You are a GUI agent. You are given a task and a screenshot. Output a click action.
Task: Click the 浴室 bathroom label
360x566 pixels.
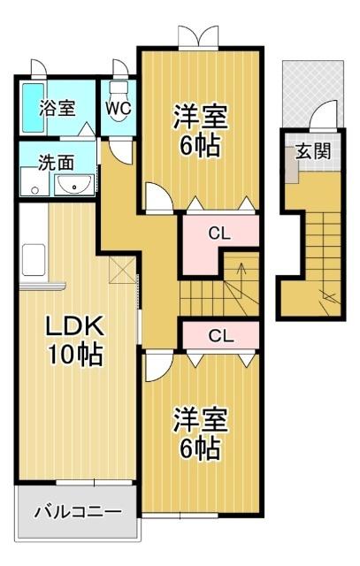pos(57,108)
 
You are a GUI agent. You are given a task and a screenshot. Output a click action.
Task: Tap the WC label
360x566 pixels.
pos(118,107)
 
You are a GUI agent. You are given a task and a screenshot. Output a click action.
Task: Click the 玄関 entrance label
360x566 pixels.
pos(313,151)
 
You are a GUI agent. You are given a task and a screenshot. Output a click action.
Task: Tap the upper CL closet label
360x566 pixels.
pos(220,234)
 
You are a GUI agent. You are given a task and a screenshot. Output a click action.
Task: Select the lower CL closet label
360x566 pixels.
pos(220,335)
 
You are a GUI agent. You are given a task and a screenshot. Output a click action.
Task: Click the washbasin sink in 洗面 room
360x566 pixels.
pos(75,185)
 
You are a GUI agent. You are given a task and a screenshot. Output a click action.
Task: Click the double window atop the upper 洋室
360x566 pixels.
pos(195,36)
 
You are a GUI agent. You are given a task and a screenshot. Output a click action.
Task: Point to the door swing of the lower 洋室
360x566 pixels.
pos(157,364)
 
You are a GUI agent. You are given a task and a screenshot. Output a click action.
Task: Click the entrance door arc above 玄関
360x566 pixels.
pos(325,115)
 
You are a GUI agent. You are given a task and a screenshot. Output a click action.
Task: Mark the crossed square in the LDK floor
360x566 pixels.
pos(123,272)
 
